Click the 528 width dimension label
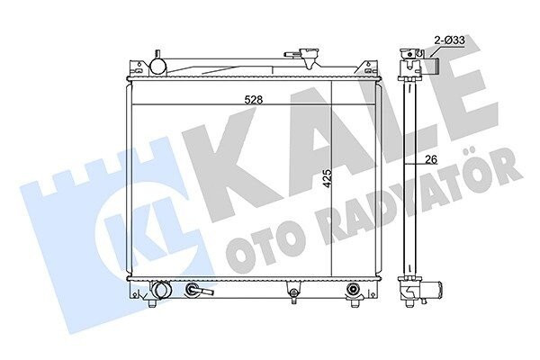[x=254, y=100]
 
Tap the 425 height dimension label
[x=328, y=178]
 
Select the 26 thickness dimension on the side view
[x=431, y=159]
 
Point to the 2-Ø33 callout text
[x=450, y=40]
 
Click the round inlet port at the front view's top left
[x=158, y=65]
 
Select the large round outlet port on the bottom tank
[x=161, y=290]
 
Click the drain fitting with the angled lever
[x=199, y=290]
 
